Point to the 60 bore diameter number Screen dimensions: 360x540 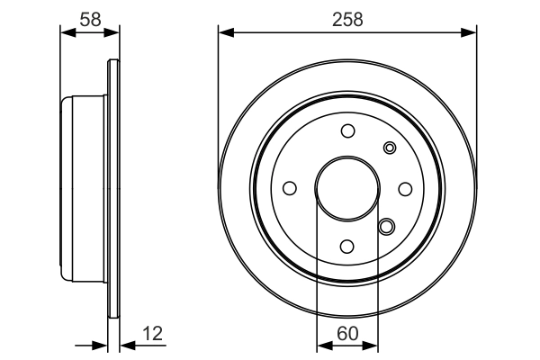coord(347,334)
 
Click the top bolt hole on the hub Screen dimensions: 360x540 coord(347,130)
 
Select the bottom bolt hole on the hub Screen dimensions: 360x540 coord(347,246)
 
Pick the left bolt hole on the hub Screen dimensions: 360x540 coord(290,188)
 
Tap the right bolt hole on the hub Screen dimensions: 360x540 coord(405,188)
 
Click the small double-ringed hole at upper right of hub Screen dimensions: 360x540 coord(390,148)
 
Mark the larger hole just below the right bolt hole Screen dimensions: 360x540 coord(386,227)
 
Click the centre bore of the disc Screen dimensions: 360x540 coord(347,188)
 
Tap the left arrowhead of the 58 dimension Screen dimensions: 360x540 coord(66,34)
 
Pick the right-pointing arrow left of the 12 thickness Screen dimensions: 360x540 coord(101,345)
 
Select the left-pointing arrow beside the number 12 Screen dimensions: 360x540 coord(126,345)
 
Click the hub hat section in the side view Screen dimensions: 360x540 coord(83,189)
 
